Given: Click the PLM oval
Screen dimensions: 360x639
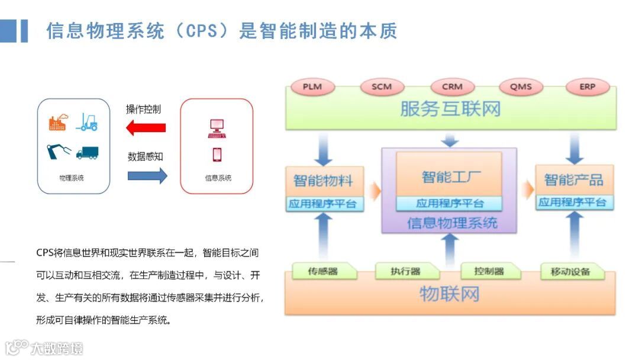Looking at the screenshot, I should point(312,86).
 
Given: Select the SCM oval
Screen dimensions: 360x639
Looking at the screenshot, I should point(382,86).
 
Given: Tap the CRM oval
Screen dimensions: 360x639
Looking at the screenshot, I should point(452,86).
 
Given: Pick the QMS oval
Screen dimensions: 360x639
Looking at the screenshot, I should point(521,86).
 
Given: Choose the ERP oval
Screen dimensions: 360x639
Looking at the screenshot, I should point(587,86).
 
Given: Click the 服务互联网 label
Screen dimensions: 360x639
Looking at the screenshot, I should point(450,109).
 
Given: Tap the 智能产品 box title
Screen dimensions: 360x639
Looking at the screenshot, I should point(574,179).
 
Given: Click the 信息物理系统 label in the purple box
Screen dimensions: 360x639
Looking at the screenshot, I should point(452,223).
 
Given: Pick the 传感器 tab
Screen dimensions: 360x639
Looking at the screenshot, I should point(322,272).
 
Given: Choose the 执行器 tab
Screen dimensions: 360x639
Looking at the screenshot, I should point(405,272).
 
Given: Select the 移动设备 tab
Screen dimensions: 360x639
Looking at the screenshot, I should point(570,272).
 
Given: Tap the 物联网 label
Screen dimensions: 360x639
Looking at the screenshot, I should point(449,294).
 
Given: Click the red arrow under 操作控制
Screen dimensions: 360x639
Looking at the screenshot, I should point(146,127).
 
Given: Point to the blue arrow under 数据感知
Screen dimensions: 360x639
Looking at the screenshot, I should point(147,176).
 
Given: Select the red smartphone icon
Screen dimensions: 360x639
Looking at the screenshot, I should point(217,155).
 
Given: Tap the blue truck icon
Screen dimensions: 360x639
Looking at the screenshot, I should point(87,152).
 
